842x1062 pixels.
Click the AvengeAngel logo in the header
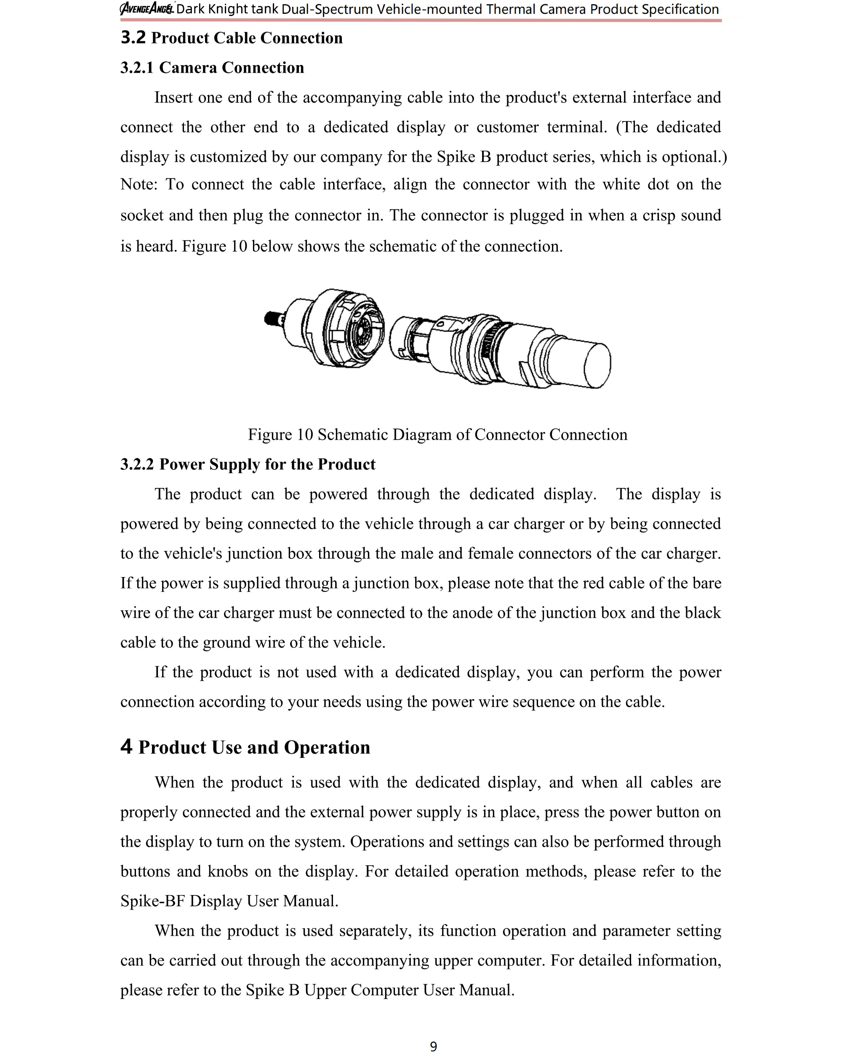pyautogui.click(x=147, y=9)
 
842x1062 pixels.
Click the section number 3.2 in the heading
pyautogui.click(x=133, y=37)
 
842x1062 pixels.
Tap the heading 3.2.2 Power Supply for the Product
pyautogui.click(x=248, y=464)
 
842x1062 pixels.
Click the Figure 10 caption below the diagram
pyautogui.click(x=437, y=434)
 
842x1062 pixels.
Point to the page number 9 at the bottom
pyautogui.click(x=433, y=1046)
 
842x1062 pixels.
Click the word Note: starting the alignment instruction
pyautogui.click(x=139, y=184)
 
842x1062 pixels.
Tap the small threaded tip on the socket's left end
pyautogui.click(x=271, y=319)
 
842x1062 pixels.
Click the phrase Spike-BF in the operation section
pyautogui.click(x=152, y=901)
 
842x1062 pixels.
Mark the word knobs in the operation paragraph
pyautogui.click(x=228, y=871)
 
